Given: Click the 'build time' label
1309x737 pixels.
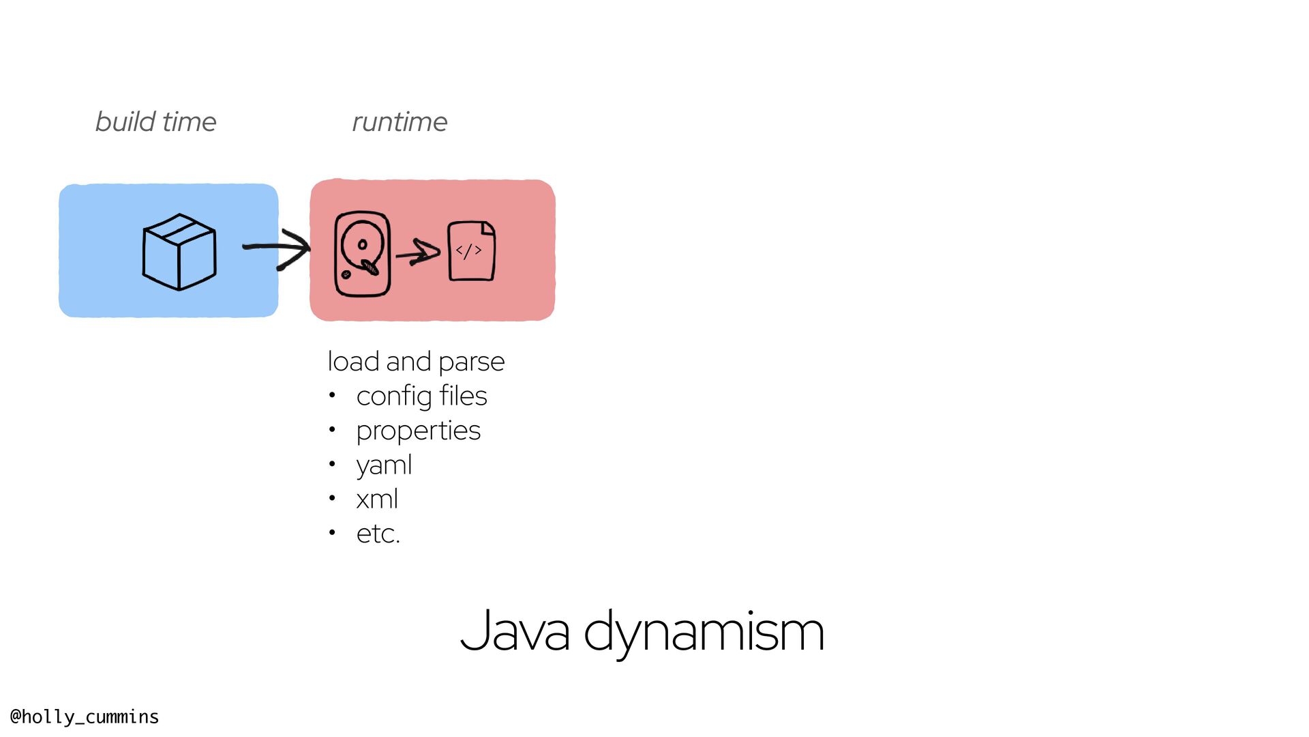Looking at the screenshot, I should pyautogui.click(x=155, y=122).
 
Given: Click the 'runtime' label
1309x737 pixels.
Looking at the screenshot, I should pyautogui.click(x=400, y=122).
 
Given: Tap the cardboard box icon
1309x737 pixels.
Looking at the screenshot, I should pyautogui.click(x=179, y=252).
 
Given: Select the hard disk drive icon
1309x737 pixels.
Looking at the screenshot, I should pyautogui.click(x=362, y=254).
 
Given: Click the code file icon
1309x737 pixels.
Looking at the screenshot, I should pyautogui.click(x=471, y=250).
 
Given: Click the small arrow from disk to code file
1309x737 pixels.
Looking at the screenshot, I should pyautogui.click(x=418, y=253).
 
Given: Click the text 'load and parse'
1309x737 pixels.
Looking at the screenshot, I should pyautogui.click(x=416, y=362).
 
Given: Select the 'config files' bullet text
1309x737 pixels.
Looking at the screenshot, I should pyautogui.click(x=421, y=396).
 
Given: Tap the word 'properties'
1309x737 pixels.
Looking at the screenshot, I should pyautogui.click(x=418, y=431).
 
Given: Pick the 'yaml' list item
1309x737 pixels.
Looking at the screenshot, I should pyautogui.click(x=384, y=465).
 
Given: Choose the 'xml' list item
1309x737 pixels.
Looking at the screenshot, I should pyautogui.click(x=377, y=500).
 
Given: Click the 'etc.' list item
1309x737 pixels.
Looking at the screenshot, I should pyautogui.click(x=378, y=534).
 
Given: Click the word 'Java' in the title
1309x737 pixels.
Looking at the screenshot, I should pyautogui.click(x=515, y=631).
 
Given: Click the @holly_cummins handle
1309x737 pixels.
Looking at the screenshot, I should pyautogui.click(x=85, y=717).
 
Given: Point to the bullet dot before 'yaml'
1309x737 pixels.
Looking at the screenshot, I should pyautogui.click(x=332, y=464).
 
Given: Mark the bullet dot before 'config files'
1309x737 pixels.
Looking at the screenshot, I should pyautogui.click(x=332, y=395).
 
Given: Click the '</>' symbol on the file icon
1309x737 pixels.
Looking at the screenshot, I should pyautogui.click(x=469, y=250).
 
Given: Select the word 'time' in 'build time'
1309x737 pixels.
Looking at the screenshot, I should pyautogui.click(x=189, y=122).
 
